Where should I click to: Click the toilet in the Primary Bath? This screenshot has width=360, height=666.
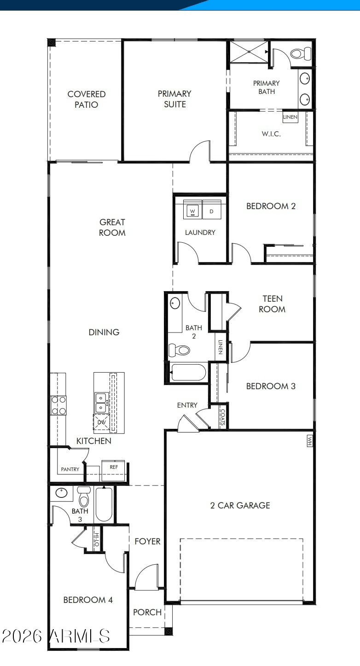301,53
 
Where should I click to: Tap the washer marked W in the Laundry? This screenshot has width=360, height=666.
192,210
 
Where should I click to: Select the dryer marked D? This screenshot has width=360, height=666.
212,210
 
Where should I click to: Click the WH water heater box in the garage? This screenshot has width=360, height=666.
309,441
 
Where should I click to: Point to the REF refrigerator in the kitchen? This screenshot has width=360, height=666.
113,470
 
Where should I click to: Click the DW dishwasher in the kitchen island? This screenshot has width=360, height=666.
101,422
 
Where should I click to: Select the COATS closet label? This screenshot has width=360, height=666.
222,417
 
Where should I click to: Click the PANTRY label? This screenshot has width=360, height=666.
70,469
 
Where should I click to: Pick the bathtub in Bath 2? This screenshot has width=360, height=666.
188,373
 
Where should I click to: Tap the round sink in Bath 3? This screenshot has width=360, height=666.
62,493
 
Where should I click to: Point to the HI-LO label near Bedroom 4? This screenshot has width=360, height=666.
96,540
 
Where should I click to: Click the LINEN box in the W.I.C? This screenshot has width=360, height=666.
290,117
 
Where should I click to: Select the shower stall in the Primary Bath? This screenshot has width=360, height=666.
249,52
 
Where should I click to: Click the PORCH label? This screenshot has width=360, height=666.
147,612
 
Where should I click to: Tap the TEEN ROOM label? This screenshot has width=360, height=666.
272,304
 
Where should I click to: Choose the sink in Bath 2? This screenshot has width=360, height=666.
175,303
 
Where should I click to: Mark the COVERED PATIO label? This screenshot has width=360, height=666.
87,99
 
